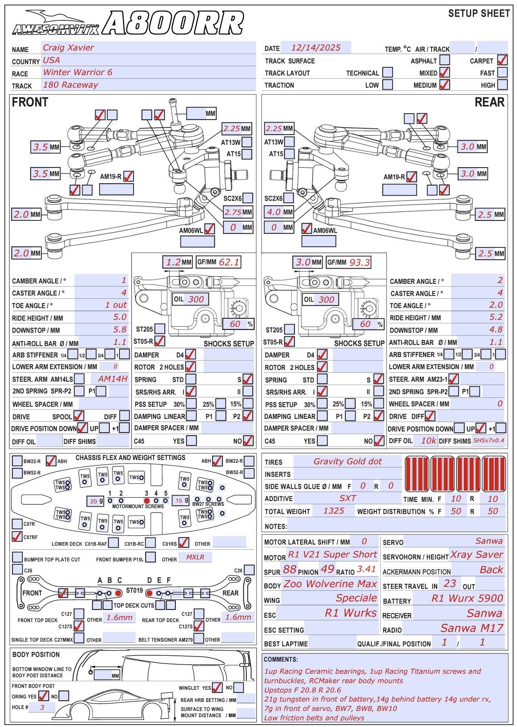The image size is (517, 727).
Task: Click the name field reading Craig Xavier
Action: point(69,48)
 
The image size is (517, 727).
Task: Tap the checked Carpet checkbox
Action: point(502,60)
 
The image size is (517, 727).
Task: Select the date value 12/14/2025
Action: point(316,48)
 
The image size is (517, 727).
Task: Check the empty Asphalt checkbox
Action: point(445,60)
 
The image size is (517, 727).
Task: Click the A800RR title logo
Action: point(174,23)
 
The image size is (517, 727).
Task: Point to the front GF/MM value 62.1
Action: point(229,262)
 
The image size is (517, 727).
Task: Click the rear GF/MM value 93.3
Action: point(360,262)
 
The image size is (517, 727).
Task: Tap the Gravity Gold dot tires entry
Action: point(347,462)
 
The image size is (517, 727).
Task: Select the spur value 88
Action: point(290,569)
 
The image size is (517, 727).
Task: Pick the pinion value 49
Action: point(327,569)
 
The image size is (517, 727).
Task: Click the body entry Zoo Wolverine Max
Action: point(330,584)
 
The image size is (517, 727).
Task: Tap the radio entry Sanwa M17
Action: point(472,628)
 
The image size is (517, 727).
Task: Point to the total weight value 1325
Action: point(334,511)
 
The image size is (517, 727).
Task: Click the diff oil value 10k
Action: point(428,441)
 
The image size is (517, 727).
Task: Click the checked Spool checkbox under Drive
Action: point(79,416)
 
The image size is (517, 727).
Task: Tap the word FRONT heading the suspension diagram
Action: point(30,103)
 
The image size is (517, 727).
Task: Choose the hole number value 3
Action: point(42,707)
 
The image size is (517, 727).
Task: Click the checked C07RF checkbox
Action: point(17,536)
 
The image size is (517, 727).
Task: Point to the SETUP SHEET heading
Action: point(479,14)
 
